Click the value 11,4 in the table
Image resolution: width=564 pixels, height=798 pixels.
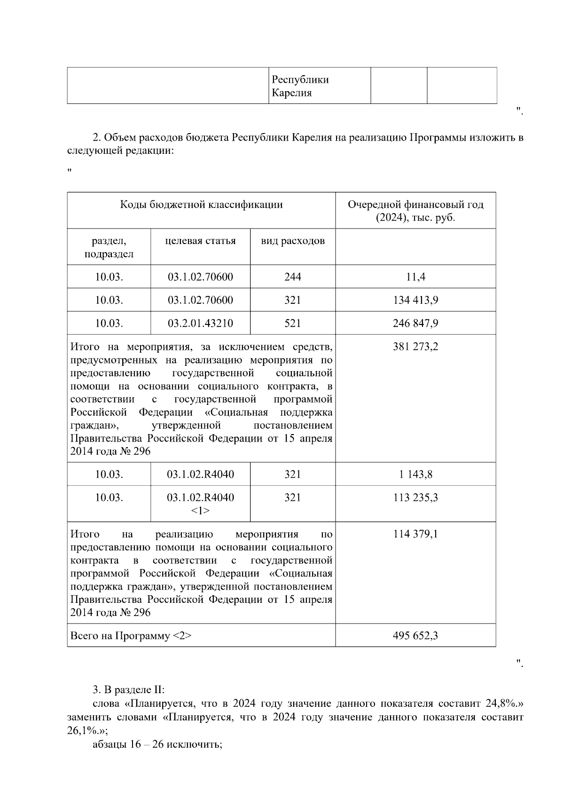[415, 277]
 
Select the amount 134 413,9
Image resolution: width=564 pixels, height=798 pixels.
[415, 300]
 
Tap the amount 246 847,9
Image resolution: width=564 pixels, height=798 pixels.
[415, 324]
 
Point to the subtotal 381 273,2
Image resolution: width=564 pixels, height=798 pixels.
[415, 347]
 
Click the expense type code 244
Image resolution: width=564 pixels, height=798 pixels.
[292, 277]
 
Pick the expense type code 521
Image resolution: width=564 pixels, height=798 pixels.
[292, 324]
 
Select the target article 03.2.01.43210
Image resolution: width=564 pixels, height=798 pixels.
[200, 324]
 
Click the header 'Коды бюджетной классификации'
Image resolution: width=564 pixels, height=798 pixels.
[201, 205]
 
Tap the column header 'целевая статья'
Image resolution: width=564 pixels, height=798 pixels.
[200, 241]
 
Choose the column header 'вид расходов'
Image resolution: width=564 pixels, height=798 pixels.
[292, 241]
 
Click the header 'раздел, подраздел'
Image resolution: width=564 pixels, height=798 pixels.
[109, 247]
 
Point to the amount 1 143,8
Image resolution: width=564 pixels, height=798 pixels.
[415, 474]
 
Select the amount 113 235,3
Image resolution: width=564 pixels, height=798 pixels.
[415, 498]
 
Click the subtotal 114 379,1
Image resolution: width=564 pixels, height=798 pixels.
[415, 534]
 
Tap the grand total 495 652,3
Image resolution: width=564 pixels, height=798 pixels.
[415, 636]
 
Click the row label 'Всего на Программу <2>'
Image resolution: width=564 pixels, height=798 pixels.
[131, 636]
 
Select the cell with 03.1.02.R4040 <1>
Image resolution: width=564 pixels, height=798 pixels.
[200, 504]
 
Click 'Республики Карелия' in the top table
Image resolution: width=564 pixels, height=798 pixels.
[300, 86]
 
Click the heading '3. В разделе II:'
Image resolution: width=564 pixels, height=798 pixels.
[128, 690]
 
